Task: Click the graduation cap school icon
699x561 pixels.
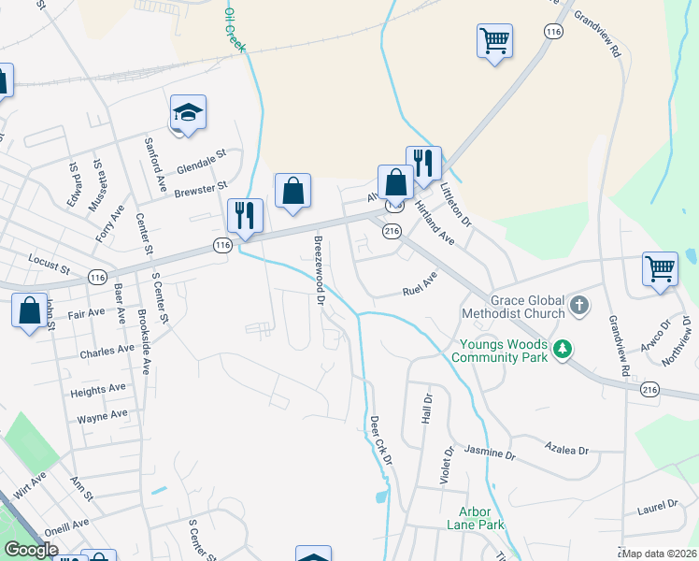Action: tap(188, 112)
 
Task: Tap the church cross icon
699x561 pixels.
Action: tap(579, 305)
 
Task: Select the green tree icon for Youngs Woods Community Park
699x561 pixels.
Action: tap(562, 350)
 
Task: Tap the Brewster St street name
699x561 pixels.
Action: tap(201, 190)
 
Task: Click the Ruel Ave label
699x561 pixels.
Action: tap(420, 282)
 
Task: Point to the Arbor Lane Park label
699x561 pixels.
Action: tap(481, 518)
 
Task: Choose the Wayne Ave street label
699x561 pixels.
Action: tap(102, 415)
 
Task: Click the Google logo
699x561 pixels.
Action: tap(31, 550)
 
